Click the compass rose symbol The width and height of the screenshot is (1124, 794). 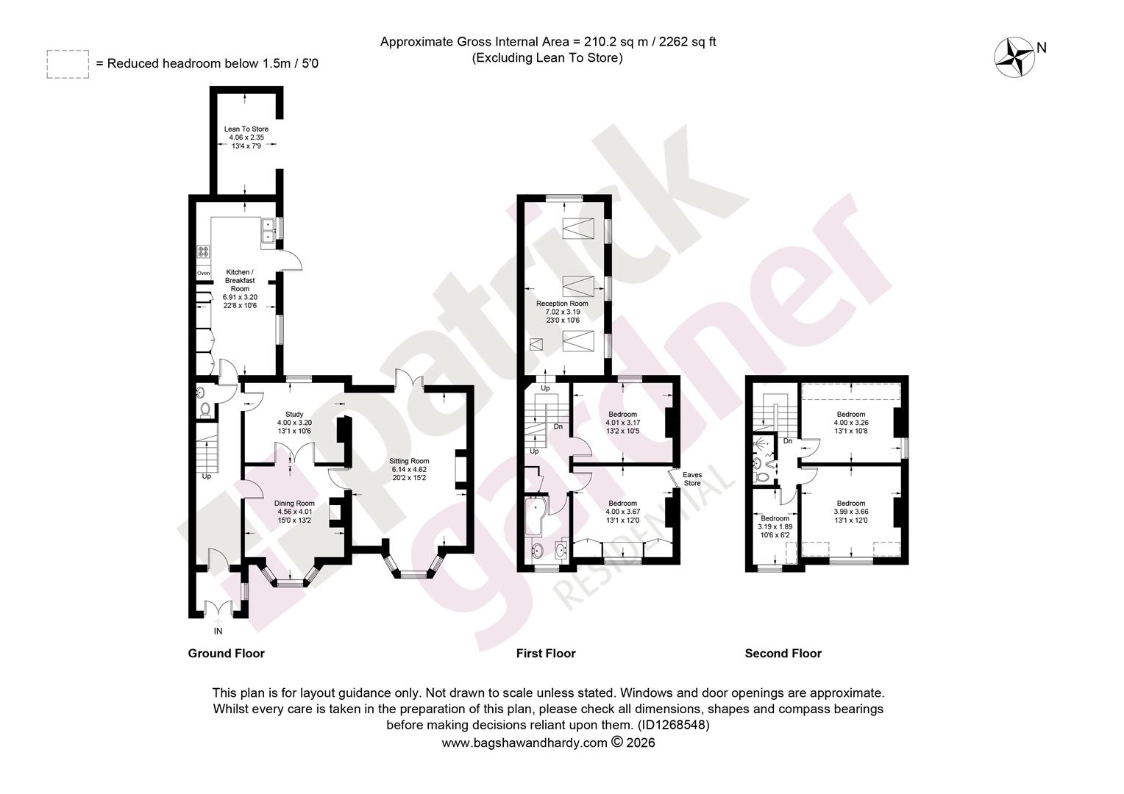tap(1014, 57)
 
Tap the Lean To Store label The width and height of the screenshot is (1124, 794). tap(246, 129)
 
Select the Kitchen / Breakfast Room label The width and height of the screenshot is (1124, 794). tap(240, 280)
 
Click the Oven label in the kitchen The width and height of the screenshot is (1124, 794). tap(203, 273)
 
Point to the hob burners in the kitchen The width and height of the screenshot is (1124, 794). tap(203, 251)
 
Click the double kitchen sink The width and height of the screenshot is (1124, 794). tap(268, 230)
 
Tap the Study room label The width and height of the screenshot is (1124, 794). tap(294, 415)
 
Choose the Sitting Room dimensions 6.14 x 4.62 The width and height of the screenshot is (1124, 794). tap(409, 470)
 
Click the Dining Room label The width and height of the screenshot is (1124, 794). tap(294, 503)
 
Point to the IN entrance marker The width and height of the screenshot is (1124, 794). tap(218, 631)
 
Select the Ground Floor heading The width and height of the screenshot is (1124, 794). tap(227, 653)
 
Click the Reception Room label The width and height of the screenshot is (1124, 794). tap(562, 304)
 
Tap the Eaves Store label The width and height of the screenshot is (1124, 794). tap(692, 479)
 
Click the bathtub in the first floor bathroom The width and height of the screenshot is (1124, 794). tap(537, 517)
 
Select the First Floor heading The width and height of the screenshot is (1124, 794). tap(546, 653)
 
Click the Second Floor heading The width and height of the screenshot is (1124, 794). tap(783, 653)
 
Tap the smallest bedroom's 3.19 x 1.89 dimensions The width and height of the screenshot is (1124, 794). tap(775, 526)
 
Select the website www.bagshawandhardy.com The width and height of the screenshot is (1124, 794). tap(524, 743)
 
